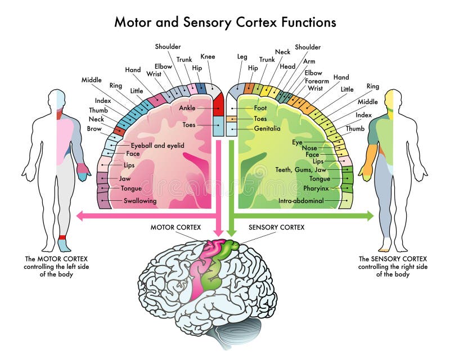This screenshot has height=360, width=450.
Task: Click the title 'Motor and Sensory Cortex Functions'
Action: click(225, 22)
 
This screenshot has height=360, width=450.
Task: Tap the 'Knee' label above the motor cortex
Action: click(208, 57)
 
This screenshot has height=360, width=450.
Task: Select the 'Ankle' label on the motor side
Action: click(187, 107)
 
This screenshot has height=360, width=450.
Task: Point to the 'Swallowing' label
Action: click(140, 201)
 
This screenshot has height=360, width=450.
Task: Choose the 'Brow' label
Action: click(94, 129)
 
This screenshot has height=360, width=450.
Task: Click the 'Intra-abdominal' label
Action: click(301, 201)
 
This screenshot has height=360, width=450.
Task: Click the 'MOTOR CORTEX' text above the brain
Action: click(174, 227)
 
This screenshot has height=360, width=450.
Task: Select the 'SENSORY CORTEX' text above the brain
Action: click(277, 227)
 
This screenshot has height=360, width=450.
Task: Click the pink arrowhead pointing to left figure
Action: click(80, 215)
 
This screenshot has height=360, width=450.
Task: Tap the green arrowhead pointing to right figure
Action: click(369, 215)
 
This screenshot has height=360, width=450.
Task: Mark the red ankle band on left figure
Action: click(62, 237)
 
